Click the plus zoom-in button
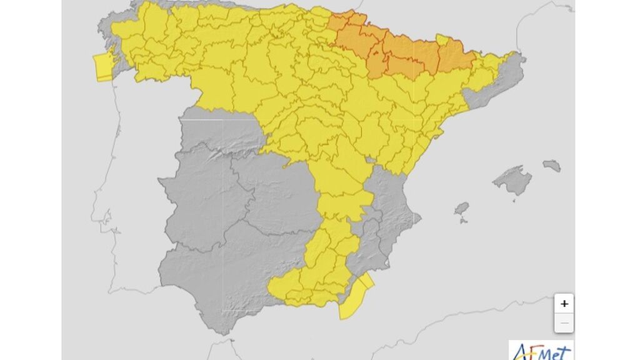(x=564, y=304)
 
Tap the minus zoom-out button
(x=564, y=323)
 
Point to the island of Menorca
(x=551, y=166)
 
